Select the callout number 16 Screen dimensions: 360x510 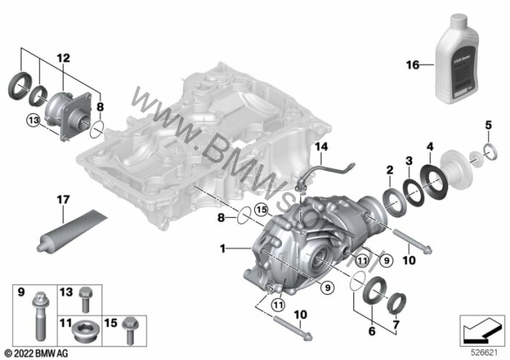[410, 65]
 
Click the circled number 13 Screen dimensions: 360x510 [32, 120]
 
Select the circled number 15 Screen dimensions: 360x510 [260, 210]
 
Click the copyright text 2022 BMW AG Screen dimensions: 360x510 [36, 351]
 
